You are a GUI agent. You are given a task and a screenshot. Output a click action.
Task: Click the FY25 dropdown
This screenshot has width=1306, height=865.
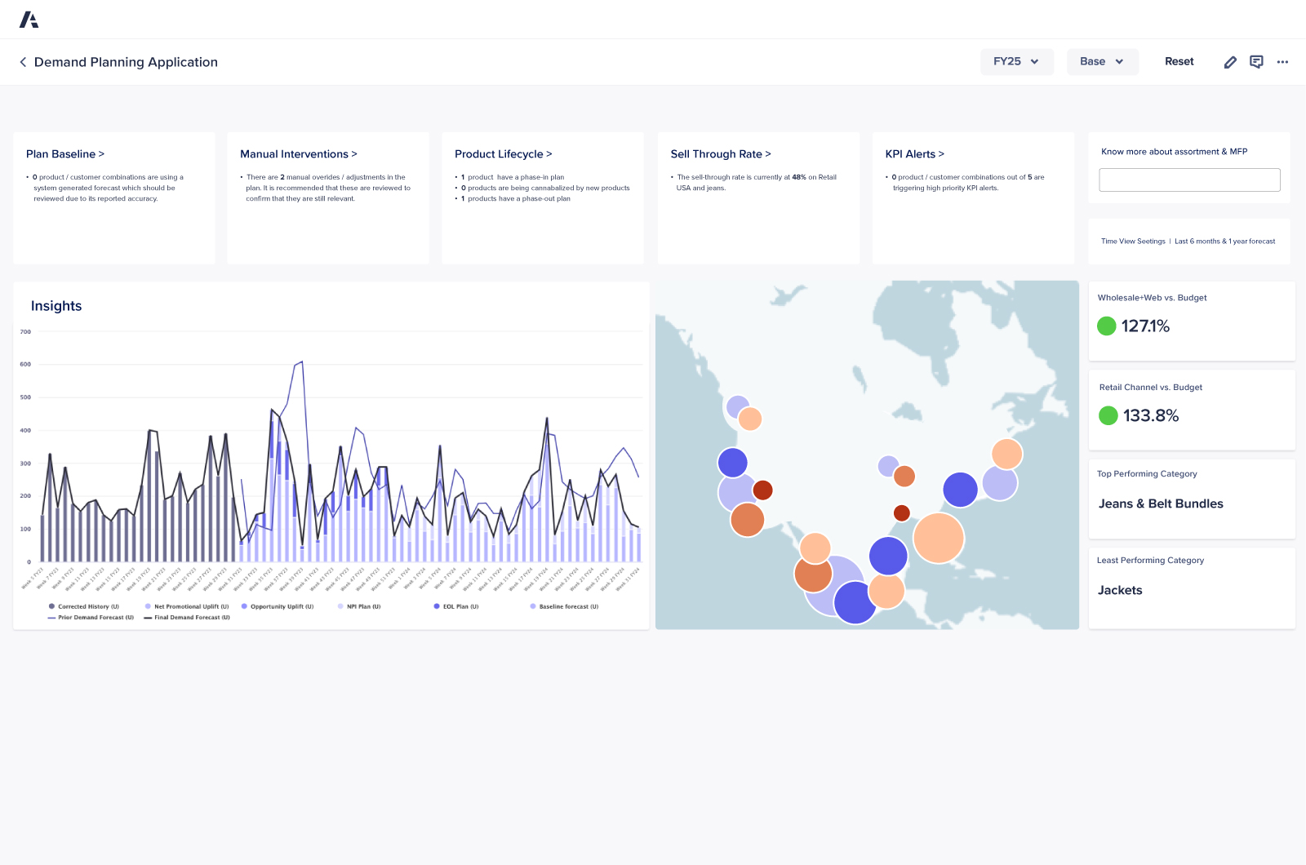(1016, 61)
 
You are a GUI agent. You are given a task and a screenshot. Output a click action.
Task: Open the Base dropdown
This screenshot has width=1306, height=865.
(1102, 61)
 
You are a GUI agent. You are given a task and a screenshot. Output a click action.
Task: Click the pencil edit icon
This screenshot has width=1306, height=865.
(1230, 62)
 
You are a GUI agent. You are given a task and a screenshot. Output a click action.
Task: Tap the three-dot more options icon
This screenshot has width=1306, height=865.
(1282, 62)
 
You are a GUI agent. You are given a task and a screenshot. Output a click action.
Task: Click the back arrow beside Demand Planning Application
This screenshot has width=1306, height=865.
(23, 62)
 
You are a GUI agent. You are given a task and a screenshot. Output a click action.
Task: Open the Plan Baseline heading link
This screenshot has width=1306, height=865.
(65, 154)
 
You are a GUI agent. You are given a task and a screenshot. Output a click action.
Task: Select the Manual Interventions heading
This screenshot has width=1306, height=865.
(299, 154)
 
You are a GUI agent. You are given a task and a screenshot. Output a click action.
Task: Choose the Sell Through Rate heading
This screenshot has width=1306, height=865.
(721, 154)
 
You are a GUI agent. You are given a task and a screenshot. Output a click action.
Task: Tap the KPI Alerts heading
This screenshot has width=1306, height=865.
(915, 154)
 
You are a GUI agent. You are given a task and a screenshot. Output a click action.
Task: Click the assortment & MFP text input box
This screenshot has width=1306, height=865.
(1189, 180)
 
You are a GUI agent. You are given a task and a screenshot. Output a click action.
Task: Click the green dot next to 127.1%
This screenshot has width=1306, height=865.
(1107, 326)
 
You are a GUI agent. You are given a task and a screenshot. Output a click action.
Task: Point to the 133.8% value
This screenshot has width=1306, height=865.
(1151, 416)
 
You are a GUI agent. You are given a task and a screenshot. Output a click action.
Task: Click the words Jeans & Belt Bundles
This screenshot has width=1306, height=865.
(1161, 504)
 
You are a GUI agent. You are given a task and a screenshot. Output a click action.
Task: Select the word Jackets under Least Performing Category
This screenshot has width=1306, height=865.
(1120, 591)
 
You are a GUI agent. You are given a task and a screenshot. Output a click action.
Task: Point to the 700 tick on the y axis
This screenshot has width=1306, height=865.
(25, 332)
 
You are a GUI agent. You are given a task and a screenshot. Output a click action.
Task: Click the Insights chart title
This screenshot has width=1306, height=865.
(56, 306)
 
